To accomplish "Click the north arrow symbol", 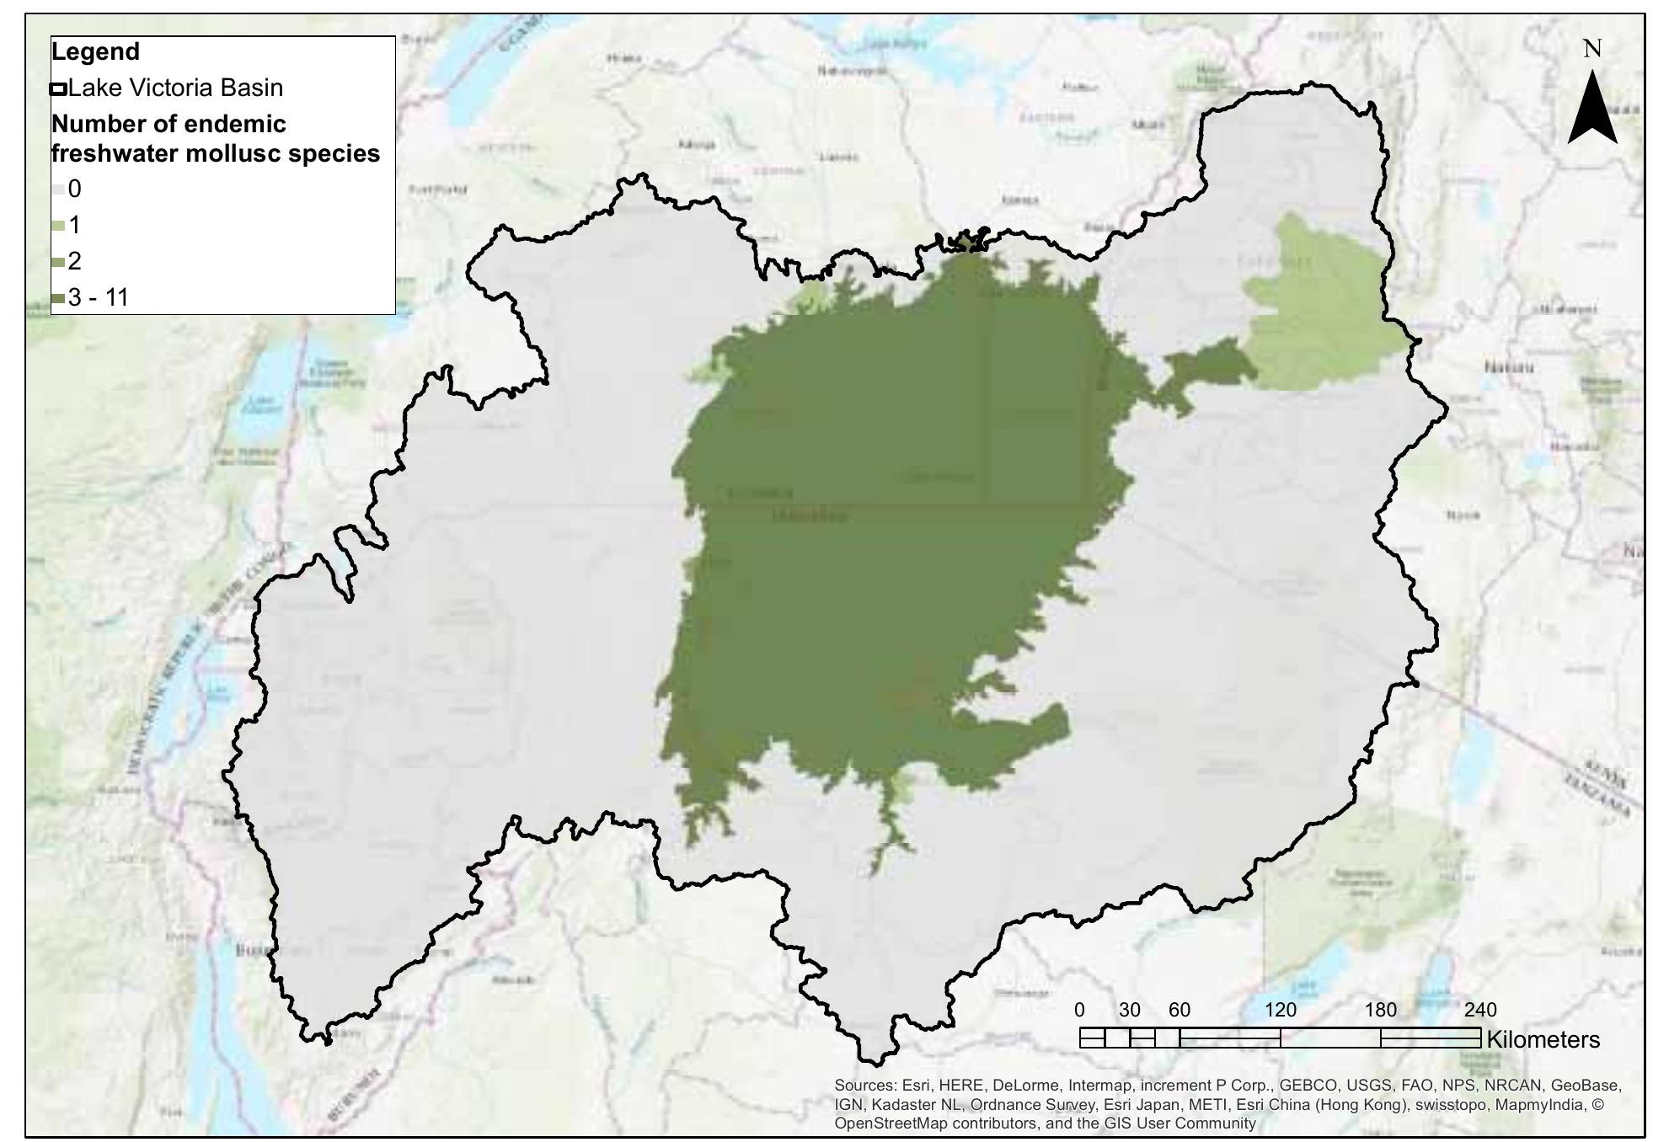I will coord(1591,109).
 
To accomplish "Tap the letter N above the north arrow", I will coord(1591,49).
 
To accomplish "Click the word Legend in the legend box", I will coord(95,51).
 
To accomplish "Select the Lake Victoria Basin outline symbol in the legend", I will coord(58,88).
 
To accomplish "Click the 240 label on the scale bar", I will coord(1480,1010).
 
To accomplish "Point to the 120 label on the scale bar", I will coord(1280,1010).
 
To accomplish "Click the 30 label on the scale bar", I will coord(1129,1010).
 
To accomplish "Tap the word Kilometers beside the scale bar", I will coord(1543,1039).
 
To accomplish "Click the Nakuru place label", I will coord(1509,368).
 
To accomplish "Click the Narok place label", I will coord(1463,515).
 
